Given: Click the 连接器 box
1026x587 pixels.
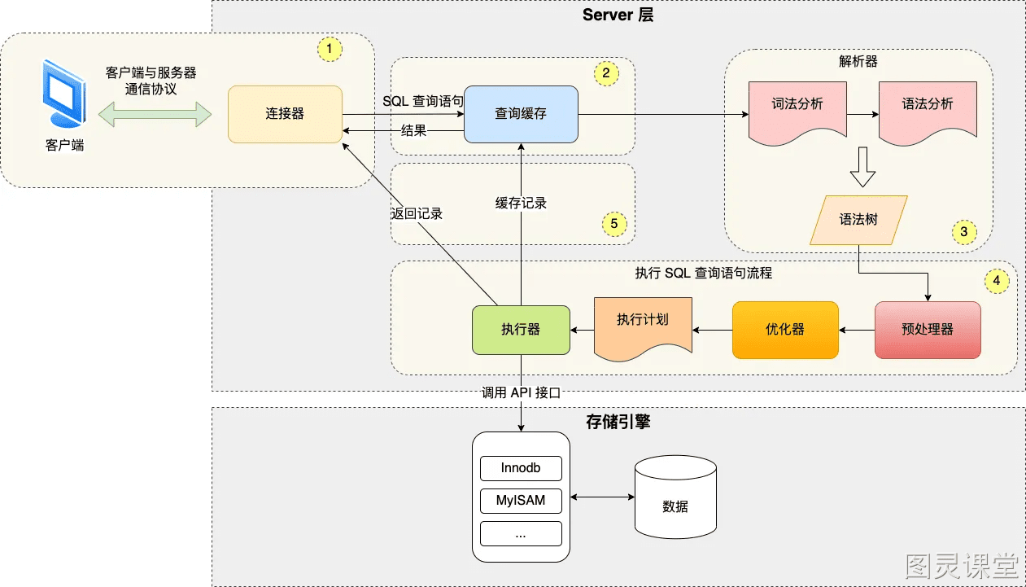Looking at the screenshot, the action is (x=285, y=114).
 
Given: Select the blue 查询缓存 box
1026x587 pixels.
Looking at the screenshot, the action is (x=521, y=114).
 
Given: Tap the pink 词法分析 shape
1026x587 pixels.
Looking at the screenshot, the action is (x=797, y=112).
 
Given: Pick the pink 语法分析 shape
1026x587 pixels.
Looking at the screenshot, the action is (x=928, y=112).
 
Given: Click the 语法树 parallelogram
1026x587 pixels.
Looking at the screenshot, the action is (x=858, y=221).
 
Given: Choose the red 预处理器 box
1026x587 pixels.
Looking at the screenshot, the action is (x=928, y=330).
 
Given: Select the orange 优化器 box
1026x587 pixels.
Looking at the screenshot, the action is (x=785, y=330).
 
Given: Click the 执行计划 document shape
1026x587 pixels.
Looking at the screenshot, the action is (x=643, y=327).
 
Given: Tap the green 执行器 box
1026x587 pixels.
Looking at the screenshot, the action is (x=521, y=330).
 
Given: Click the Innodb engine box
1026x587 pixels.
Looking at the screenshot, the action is (x=521, y=468).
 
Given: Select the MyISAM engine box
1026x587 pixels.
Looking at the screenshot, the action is (x=521, y=501).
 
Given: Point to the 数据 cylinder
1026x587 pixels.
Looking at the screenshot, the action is (x=675, y=497).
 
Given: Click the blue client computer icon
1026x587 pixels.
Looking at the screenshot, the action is (x=64, y=94).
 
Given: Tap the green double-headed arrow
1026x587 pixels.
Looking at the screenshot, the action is (x=155, y=114).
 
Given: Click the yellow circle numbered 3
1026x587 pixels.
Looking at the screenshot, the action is (x=963, y=232).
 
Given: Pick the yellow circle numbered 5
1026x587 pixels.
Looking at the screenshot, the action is (x=613, y=224).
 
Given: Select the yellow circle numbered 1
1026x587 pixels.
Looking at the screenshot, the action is (x=330, y=49).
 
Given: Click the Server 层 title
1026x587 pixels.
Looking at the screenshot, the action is (x=618, y=15).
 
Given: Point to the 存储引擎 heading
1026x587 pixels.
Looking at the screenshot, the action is (x=618, y=422).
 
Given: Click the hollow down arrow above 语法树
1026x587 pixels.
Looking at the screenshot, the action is (x=862, y=167).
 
